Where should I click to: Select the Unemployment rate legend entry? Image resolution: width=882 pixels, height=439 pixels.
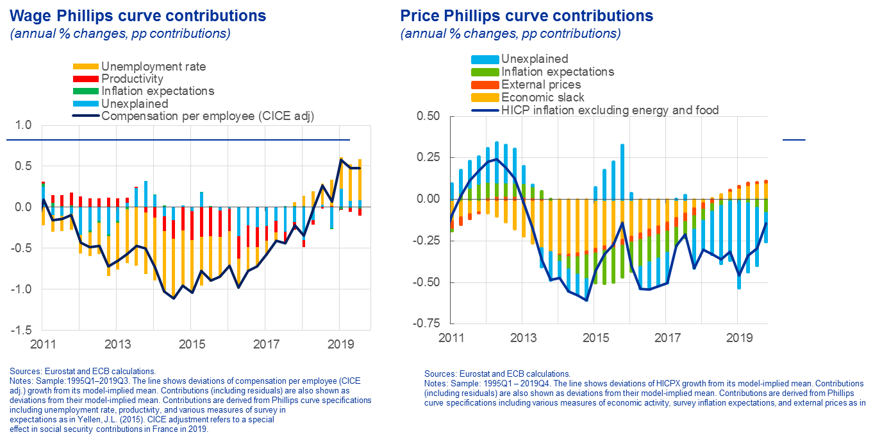[153, 66]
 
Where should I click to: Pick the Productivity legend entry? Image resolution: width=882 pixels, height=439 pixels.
[132, 79]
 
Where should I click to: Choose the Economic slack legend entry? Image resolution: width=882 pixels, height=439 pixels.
[543, 97]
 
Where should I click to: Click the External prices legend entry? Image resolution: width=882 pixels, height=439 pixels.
[541, 84]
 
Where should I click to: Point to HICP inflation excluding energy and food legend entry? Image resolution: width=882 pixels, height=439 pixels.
[610, 110]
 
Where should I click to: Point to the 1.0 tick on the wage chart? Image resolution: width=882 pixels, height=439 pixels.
[23, 125]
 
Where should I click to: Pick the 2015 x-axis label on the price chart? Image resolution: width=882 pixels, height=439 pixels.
[595, 337]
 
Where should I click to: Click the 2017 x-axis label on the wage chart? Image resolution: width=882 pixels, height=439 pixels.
[265, 343]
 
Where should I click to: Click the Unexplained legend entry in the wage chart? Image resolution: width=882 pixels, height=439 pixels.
[135, 103]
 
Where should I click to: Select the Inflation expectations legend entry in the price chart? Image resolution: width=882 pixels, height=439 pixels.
[558, 72]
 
